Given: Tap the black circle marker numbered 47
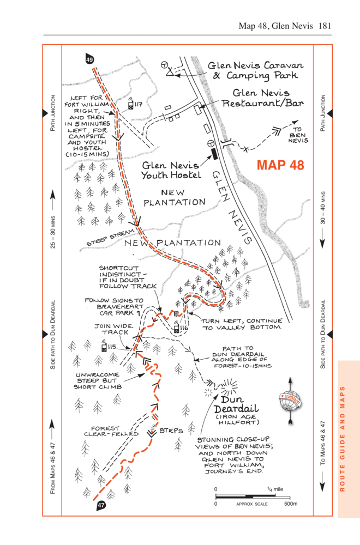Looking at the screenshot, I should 101,505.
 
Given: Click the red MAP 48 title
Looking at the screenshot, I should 280,165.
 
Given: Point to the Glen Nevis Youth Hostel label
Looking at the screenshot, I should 170,170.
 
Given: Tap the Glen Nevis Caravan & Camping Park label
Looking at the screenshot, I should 255,70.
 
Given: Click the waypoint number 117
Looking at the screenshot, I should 138,104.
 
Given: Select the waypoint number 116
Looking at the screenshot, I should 184,329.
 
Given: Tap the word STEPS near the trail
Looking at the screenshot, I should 171,431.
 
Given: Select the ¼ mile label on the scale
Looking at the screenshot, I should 275,489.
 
